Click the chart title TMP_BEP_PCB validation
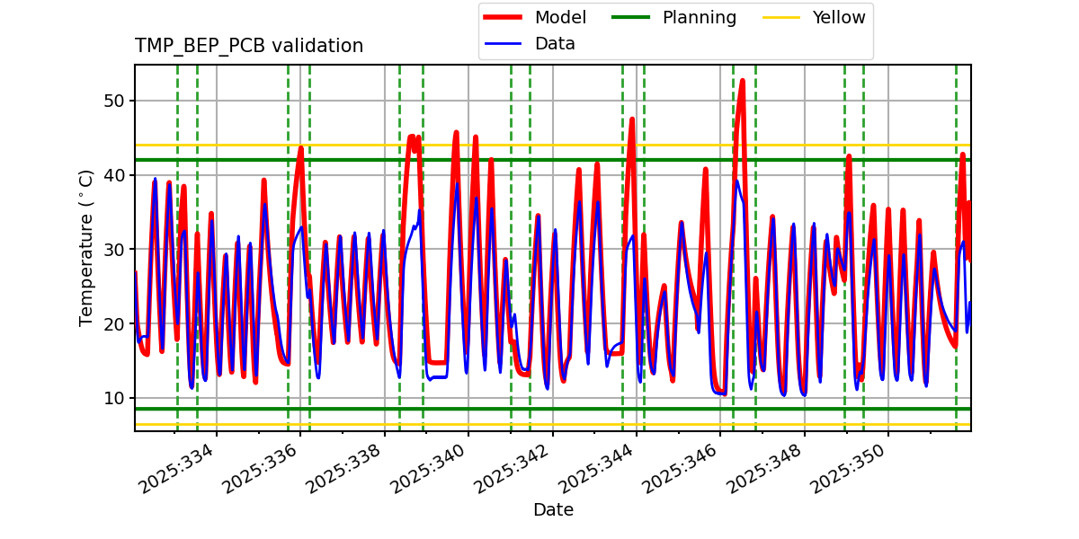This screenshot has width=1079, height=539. tap(249, 46)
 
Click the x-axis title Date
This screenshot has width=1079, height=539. tap(553, 510)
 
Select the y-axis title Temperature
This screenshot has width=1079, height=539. tap(86, 247)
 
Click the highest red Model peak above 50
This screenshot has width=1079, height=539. tap(742, 81)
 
